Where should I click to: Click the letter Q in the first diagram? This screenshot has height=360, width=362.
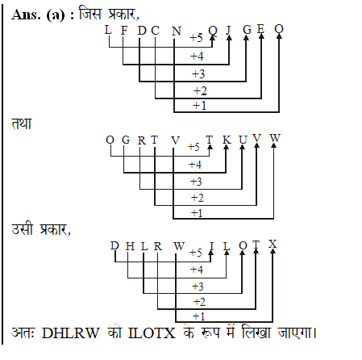tap(212, 31)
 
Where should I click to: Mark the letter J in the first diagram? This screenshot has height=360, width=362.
tap(229, 31)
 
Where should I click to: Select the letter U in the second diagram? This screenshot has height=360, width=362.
tap(242, 140)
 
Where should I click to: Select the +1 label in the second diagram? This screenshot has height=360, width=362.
tap(197, 212)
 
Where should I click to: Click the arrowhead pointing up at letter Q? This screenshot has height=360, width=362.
tap(212, 41)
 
